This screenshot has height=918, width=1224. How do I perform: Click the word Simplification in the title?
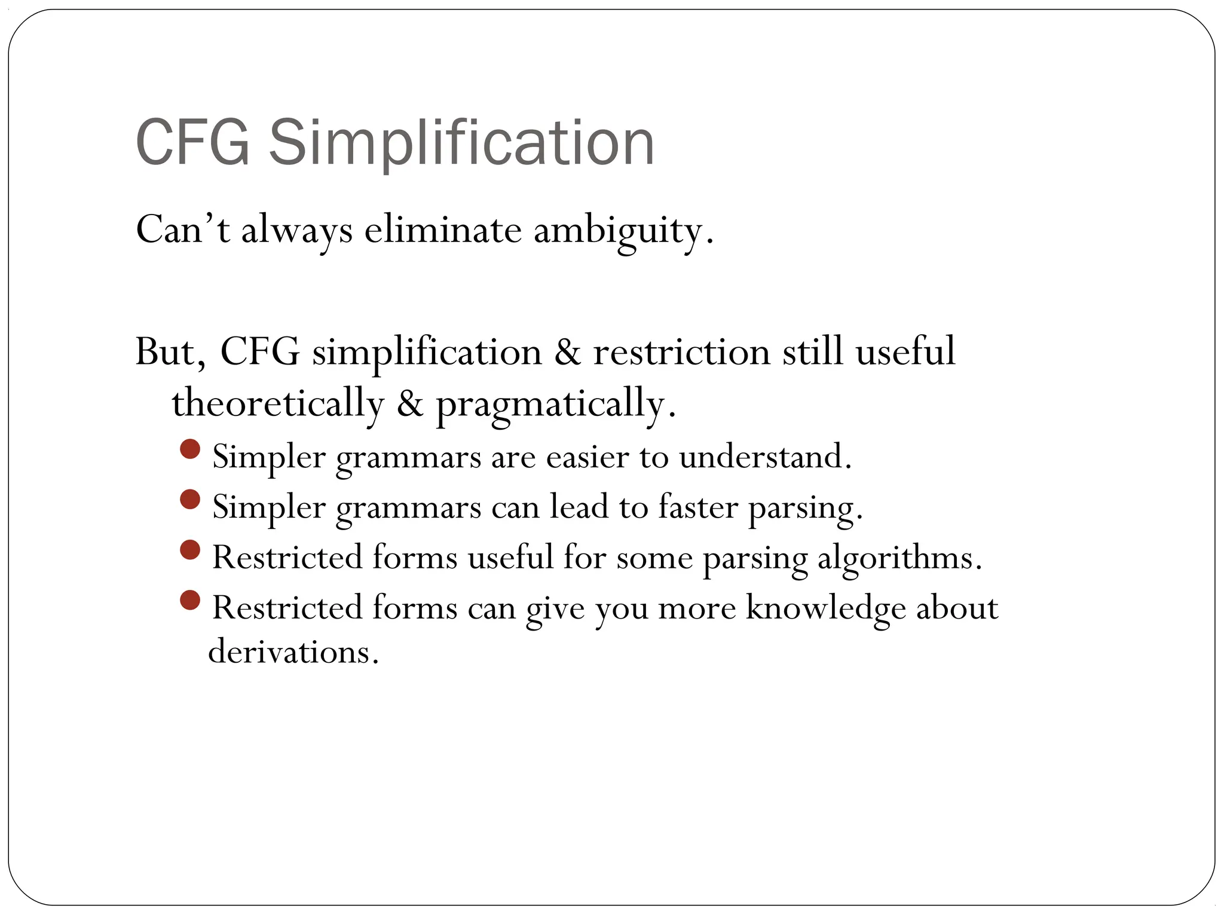point(461,143)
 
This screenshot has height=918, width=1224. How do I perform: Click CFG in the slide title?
point(192,143)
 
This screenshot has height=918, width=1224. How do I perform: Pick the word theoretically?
point(277,403)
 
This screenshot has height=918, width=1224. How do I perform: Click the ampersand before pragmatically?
point(409,403)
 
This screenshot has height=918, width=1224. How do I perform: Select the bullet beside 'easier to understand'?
point(189,449)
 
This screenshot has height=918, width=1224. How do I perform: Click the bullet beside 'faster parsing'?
point(189,499)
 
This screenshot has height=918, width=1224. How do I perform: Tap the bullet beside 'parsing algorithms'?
point(189,549)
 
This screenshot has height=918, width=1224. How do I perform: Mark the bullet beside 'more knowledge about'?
point(189,599)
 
